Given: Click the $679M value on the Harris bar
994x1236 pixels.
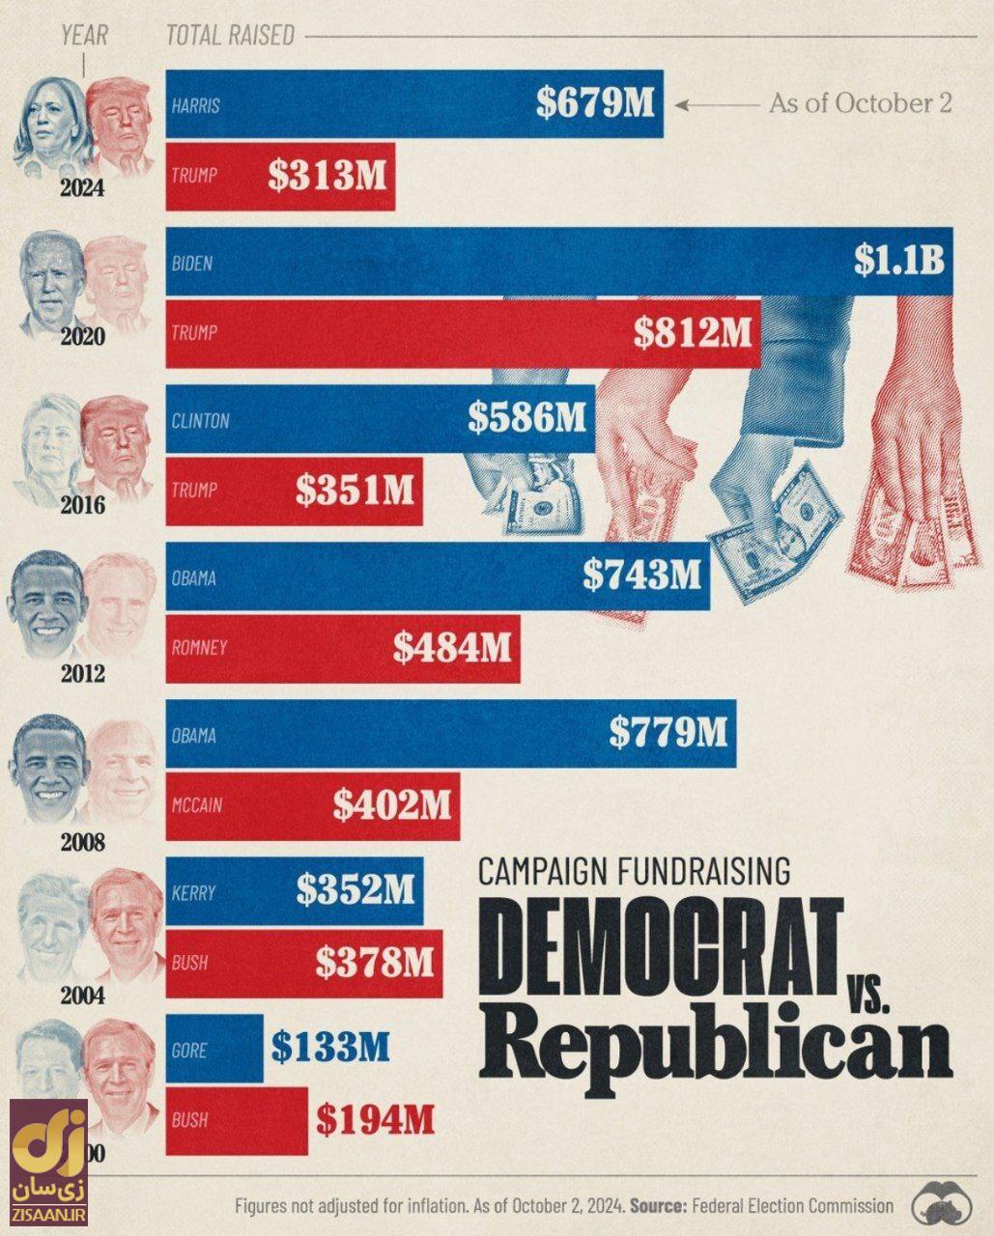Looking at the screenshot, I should point(595,104).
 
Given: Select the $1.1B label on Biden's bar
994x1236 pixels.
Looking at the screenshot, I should point(898,261).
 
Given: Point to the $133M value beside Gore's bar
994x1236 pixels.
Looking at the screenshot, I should point(330,1047).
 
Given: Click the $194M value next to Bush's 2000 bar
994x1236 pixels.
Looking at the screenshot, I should point(375,1120).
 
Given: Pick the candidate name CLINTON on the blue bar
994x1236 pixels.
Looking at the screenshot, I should point(200,421).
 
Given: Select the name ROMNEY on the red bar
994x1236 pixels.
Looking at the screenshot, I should point(199,648).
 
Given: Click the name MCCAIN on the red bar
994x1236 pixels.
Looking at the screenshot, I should point(199,804).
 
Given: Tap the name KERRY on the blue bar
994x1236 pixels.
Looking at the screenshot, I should point(193,892).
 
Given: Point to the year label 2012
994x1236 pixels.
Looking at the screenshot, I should point(83,673).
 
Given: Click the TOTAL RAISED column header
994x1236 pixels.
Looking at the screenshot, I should point(230,36).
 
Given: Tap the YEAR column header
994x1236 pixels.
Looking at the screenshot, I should point(84,36).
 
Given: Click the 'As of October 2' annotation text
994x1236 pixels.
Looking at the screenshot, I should point(861,103).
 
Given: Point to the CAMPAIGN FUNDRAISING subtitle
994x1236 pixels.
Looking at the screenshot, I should point(634,872).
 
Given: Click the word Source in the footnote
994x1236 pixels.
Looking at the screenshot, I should point(659,1206).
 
